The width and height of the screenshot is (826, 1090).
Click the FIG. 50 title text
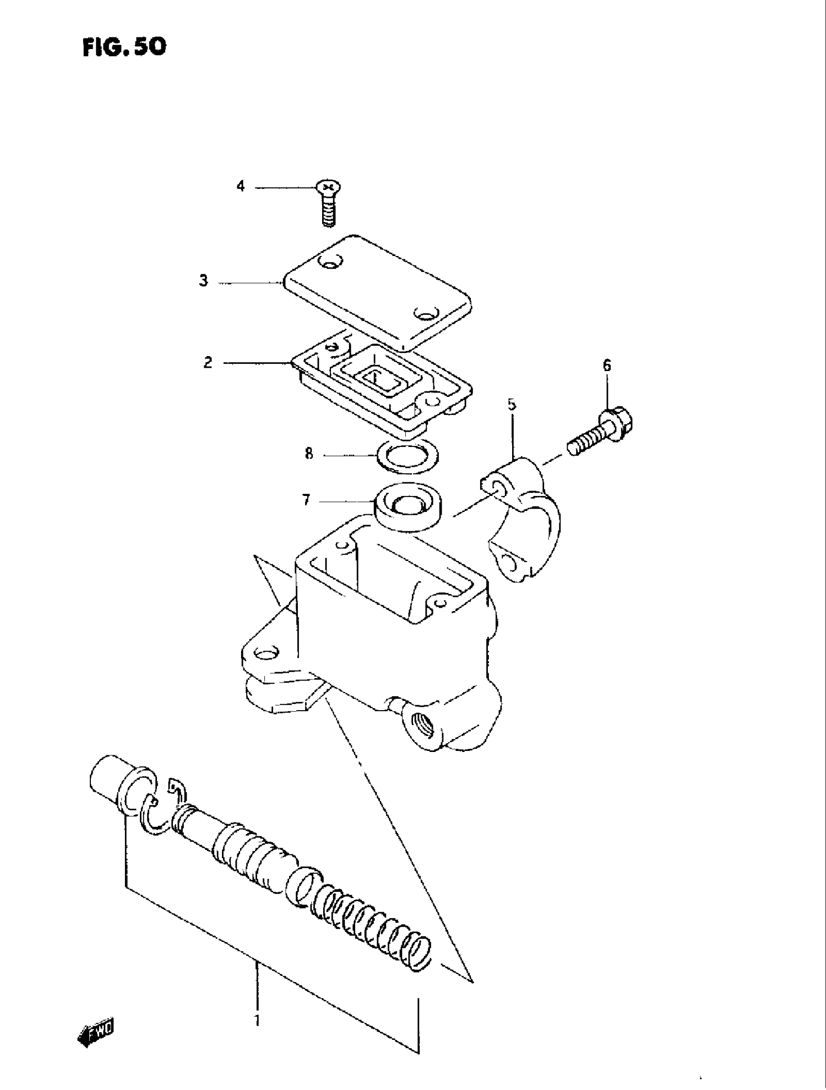tap(124, 47)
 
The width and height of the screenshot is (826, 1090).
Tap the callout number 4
tap(240, 186)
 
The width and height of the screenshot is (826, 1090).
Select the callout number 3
tap(204, 281)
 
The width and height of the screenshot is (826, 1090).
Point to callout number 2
tap(208, 363)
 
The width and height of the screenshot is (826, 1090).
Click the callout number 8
tap(309, 453)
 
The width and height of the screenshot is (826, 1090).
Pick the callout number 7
tap(306, 501)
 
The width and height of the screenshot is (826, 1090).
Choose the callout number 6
tap(606, 366)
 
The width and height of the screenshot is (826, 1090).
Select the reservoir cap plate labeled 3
tap(378, 291)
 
